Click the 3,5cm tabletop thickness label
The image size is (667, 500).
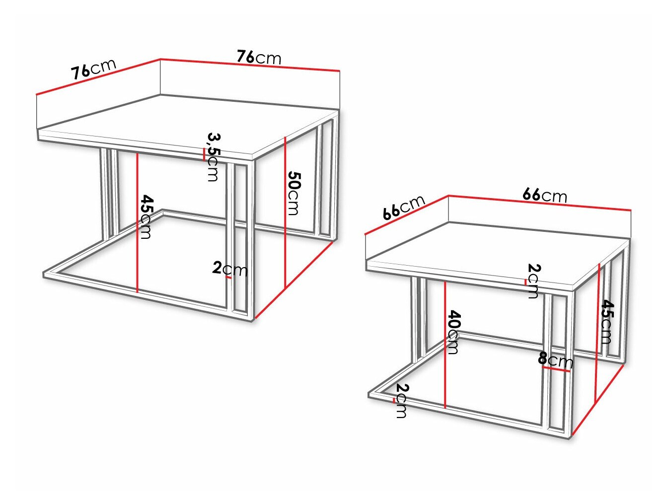[213, 156]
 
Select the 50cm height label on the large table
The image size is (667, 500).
[294, 193]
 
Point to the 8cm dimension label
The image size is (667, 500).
[555, 359]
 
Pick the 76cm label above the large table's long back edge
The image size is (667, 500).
[259, 57]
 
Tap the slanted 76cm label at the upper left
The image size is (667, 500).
[93, 69]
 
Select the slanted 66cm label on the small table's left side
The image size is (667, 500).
[403, 207]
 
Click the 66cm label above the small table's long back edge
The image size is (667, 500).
[544, 195]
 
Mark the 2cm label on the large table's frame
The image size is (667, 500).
[229, 269]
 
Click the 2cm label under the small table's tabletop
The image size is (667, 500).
[533, 281]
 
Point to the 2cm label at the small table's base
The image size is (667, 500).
[402, 401]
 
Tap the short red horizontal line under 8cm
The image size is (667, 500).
[556, 369]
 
